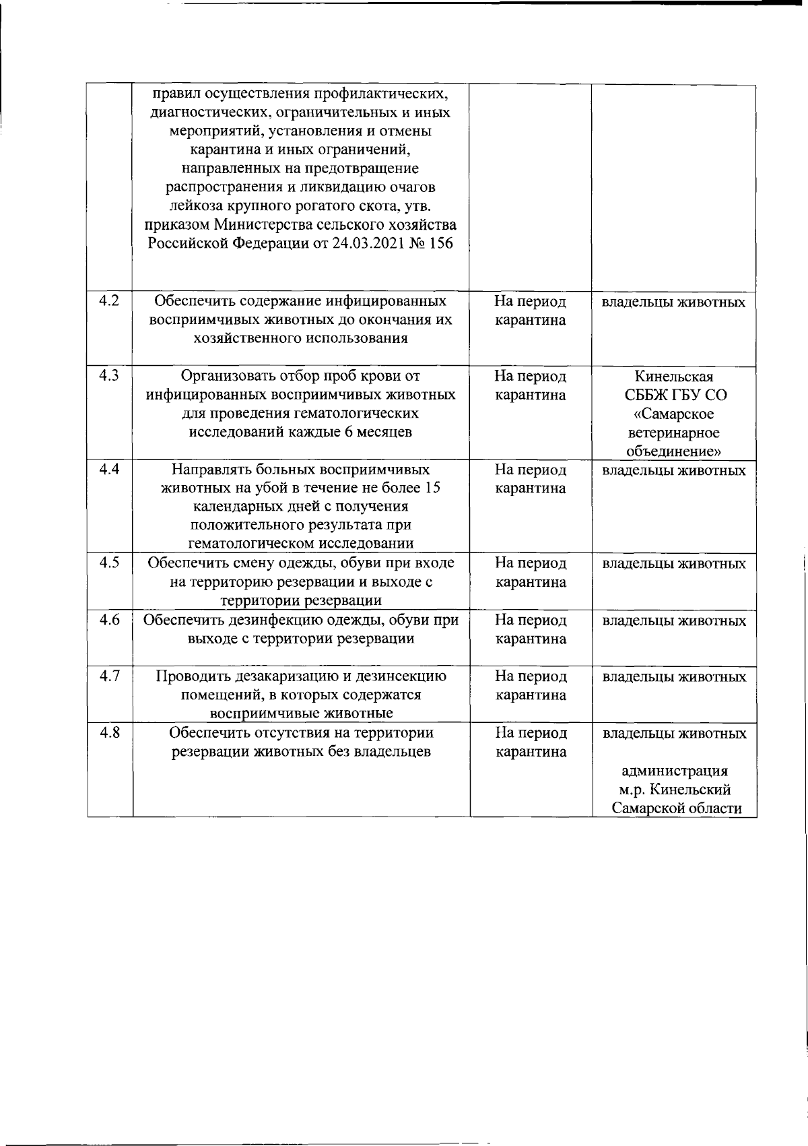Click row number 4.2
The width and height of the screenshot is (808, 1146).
tap(108, 301)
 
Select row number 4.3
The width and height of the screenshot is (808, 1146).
tap(108, 376)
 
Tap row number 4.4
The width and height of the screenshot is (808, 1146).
tap(108, 470)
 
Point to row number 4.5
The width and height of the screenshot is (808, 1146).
tap(108, 563)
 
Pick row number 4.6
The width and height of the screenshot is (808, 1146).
tap(108, 620)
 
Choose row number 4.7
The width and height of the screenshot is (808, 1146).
tap(108, 676)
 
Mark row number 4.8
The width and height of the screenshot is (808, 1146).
tap(108, 732)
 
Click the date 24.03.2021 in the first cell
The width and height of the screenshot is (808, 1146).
tap(369, 243)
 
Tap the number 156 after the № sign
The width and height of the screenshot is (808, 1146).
tap(441, 243)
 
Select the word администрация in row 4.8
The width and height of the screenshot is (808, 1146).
tap(674, 771)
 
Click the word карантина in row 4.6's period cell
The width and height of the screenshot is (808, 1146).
tap(531, 639)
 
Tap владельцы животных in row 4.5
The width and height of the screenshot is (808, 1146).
tap(673, 563)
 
